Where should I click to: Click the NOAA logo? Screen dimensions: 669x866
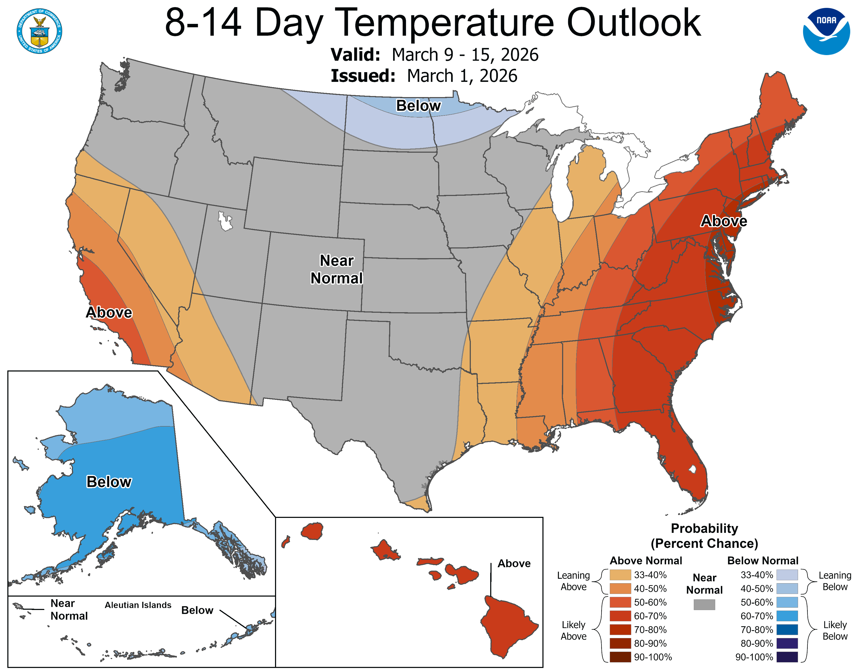pos(826,31)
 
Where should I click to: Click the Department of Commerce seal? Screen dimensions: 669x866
pos(39,31)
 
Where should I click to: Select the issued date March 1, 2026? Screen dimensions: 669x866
pos(462,76)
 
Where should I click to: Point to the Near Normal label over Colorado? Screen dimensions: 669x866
pos(337,269)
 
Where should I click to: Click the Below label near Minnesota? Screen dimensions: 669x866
pos(418,106)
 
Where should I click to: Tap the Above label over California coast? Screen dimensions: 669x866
pos(109,312)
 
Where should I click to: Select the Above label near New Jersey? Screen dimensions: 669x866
pos(724,221)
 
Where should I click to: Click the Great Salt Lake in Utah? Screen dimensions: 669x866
pos(225,221)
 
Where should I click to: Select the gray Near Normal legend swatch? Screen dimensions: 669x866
pos(704,604)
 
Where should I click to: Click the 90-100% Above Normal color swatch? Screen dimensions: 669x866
pos(620,657)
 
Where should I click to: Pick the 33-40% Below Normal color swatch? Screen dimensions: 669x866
pos(787,575)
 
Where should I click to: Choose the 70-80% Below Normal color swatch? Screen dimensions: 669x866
pos(787,629)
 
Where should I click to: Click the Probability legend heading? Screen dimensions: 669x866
pos(704,528)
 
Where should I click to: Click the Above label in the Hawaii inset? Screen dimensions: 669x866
pos(514,563)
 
